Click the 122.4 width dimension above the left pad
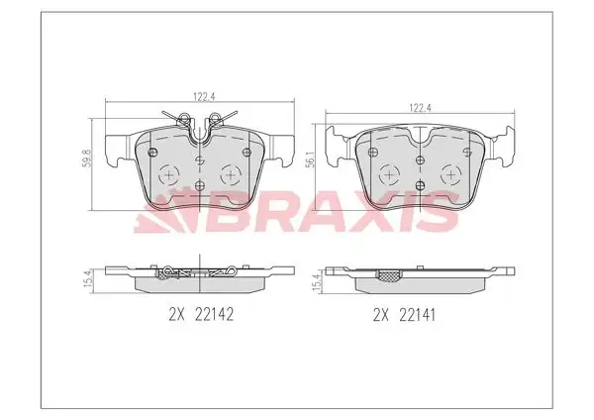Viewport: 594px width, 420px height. [x=205, y=97]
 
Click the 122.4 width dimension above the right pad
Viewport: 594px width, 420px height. [x=420, y=108]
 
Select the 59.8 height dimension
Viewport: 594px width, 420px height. [x=87, y=157]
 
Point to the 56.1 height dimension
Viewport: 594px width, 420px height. [x=310, y=158]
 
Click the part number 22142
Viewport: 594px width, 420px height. [x=214, y=314]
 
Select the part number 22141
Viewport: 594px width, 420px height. [x=418, y=315]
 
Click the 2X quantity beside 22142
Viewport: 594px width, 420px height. [x=176, y=314]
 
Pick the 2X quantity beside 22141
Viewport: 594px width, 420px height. [x=381, y=315]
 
